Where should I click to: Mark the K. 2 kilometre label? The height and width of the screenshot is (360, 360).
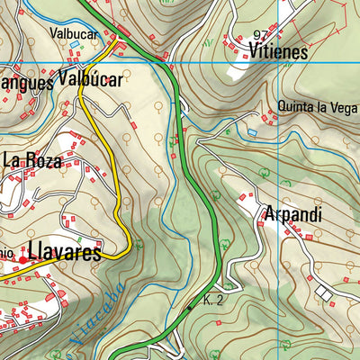pyautogui.click(x=213, y=301)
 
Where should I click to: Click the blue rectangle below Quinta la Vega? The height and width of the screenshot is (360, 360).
pyautogui.click(x=252, y=133)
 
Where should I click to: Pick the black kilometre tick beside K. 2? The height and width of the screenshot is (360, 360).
pyautogui.click(x=190, y=308)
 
